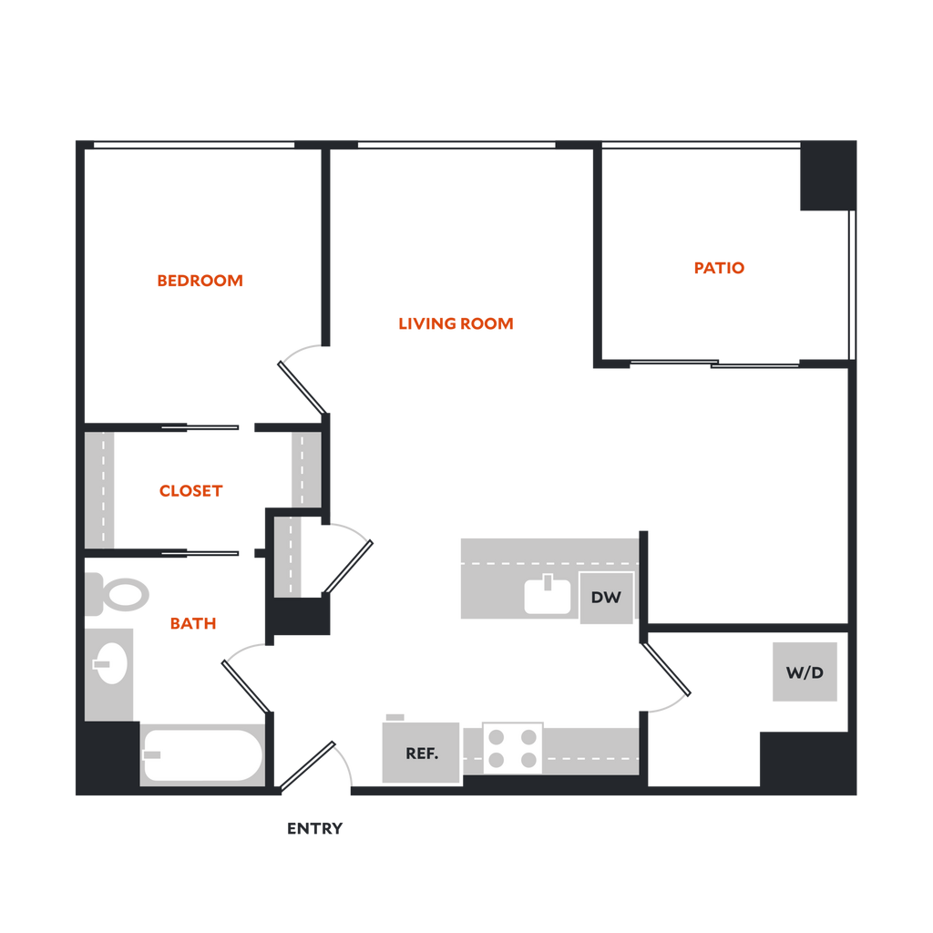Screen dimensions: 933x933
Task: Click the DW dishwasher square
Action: pos(606,599)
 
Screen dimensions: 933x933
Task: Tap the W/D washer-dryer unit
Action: pos(805,672)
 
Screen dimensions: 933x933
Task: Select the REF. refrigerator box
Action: pos(421,753)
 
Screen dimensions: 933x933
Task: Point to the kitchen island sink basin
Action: pos(547,598)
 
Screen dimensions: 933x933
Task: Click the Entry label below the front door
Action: pos(316,829)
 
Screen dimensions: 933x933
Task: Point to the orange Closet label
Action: pos(190,491)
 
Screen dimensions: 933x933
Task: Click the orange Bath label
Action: pos(194,624)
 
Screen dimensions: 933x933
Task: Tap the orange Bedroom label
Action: pos(200,281)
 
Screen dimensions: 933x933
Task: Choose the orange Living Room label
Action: pos(457,323)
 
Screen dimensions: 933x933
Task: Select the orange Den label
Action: pos(720,268)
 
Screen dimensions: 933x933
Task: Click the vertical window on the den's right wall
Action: pos(853,284)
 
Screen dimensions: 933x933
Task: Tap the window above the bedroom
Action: pos(193,144)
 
